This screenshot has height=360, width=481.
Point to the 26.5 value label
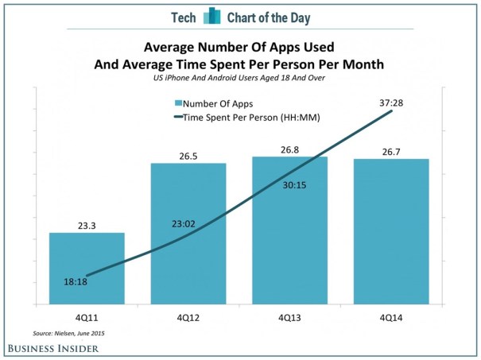[188, 154]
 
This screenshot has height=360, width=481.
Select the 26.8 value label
[289, 149]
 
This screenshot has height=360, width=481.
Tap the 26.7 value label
[390, 150]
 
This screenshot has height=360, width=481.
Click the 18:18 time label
[77, 281]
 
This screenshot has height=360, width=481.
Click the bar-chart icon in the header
[211, 16]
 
